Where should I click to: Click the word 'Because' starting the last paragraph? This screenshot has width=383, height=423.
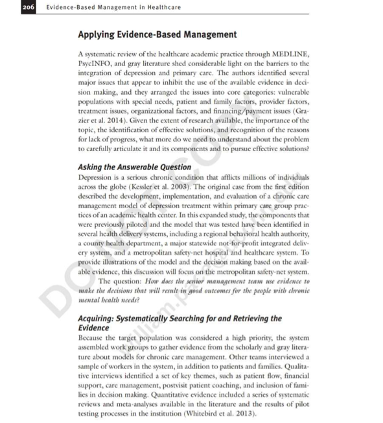pyautogui.click(x=92, y=338)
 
